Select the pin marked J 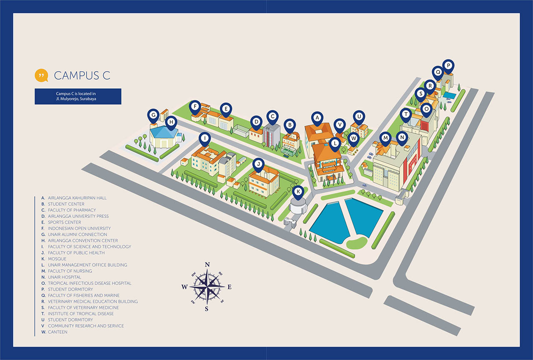tap(259, 165)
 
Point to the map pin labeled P tap(448, 66)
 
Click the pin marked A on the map tap(317, 118)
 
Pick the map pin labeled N tap(401, 137)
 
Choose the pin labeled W tap(353, 138)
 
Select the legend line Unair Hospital tap(65, 277)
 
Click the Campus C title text tap(82, 75)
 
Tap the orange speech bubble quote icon tap(41, 75)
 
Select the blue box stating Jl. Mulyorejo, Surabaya tap(78, 96)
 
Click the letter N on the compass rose tap(207, 265)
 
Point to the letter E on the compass tap(229, 287)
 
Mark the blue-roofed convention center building tap(164, 135)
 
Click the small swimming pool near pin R tap(449, 95)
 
